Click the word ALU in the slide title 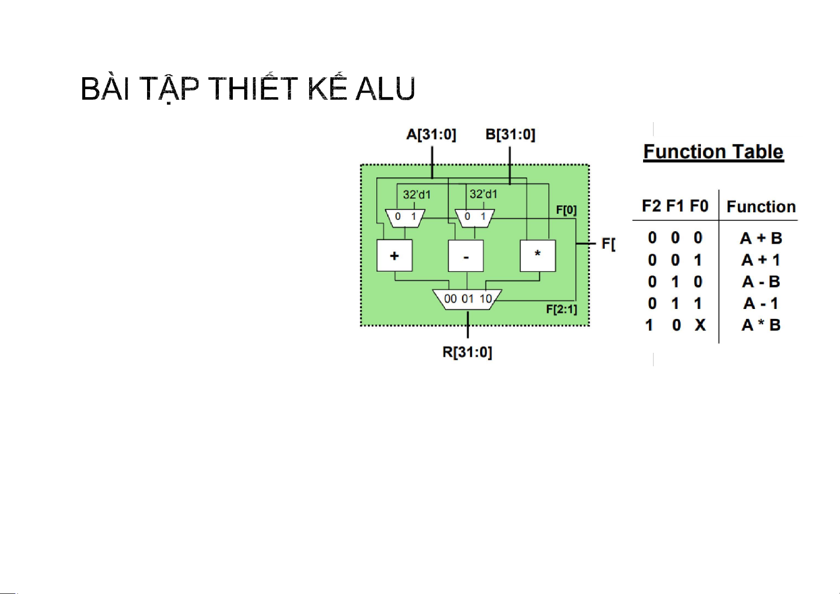[x=385, y=89]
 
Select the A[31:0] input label [x=431, y=135]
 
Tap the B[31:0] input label [x=510, y=135]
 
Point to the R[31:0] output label [x=467, y=352]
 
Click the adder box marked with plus [x=394, y=256]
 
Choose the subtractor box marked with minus [x=466, y=256]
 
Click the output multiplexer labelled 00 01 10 [x=467, y=299]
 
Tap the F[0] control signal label [x=566, y=210]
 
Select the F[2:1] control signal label [x=561, y=309]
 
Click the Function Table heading [x=713, y=152]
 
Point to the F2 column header [x=652, y=206]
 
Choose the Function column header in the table [x=761, y=207]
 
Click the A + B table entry [x=761, y=238]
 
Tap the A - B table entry [x=761, y=282]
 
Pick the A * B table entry [x=761, y=325]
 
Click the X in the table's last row [x=700, y=325]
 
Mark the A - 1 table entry [x=761, y=303]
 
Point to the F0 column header [x=699, y=206]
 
